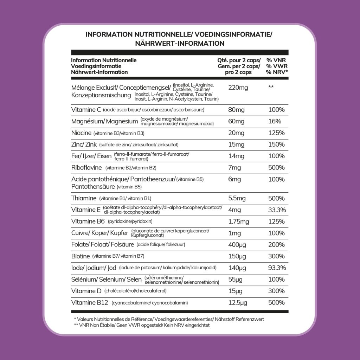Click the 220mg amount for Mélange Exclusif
click(238, 88)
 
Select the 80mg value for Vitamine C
click(236, 110)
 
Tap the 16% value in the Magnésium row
click(275, 121)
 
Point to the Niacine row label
click(81, 133)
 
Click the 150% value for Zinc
click(276, 144)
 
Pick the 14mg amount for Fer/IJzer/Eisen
click(236, 156)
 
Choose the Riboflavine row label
click(86, 168)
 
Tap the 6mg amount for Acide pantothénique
click(234, 179)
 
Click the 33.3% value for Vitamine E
click(276, 210)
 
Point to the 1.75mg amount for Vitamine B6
click(239, 221)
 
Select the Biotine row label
click(81, 256)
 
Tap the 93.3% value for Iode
click(276, 268)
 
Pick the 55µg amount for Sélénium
click(236, 279)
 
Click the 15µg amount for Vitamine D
click(236, 291)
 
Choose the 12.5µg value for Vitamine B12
click(238, 303)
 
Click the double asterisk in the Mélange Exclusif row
click(271, 87)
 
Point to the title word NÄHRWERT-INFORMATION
click(180, 44)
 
